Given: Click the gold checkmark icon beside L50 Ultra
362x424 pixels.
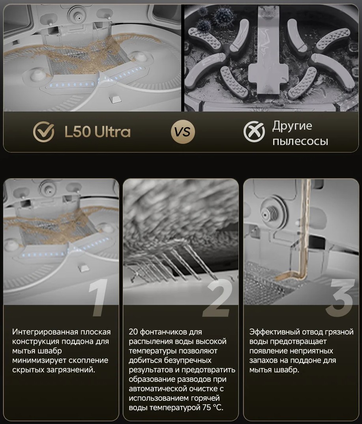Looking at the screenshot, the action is [44, 132].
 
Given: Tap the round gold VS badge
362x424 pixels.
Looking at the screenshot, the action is [183, 132].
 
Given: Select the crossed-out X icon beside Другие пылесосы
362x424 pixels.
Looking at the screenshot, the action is [254, 132].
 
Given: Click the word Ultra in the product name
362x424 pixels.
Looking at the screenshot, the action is [113, 132].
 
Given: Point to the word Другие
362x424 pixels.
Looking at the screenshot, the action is [292, 126].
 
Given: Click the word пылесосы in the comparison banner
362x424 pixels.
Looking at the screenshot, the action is [300, 141].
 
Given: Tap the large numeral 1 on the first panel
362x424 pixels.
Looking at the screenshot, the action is [98, 298].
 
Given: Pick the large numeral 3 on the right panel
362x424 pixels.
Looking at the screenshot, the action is [340, 298].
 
